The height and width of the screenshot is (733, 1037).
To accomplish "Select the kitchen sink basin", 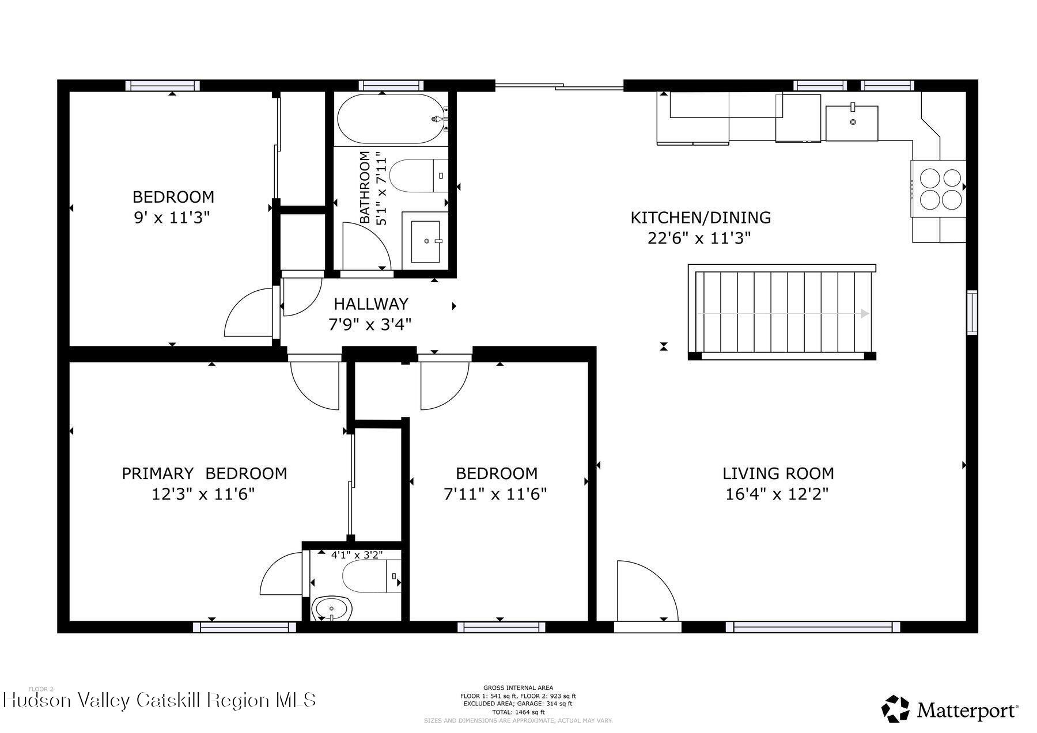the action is click(x=851, y=123).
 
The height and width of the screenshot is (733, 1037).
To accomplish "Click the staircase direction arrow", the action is click(x=864, y=313).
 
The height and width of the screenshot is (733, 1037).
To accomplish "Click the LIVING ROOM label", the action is click(x=778, y=473).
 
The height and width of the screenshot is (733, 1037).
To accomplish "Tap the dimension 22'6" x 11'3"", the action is click(x=699, y=238).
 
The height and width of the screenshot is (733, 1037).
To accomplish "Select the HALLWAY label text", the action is click(x=370, y=303).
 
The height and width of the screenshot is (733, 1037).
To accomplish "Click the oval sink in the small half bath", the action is click(x=332, y=608).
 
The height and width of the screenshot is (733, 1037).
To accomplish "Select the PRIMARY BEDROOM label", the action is click(x=204, y=473).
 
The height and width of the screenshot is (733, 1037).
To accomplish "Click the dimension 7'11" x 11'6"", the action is click(x=495, y=494).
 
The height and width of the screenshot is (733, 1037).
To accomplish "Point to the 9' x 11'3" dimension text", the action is click(x=171, y=218).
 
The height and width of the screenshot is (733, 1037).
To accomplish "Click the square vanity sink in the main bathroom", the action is click(x=426, y=241).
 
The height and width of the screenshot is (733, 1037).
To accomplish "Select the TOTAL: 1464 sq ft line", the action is click(x=517, y=712).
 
